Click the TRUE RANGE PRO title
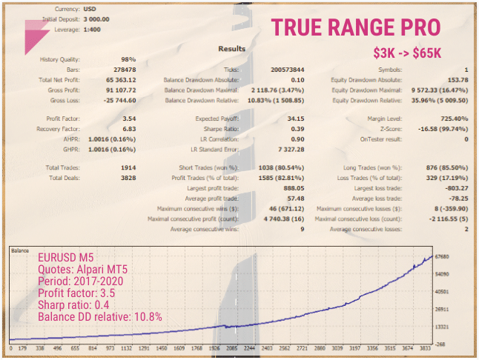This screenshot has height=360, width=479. [357, 27]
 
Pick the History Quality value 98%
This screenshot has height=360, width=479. [128, 59]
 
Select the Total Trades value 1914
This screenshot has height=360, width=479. [127, 167]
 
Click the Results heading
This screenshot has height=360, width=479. [232, 49]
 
